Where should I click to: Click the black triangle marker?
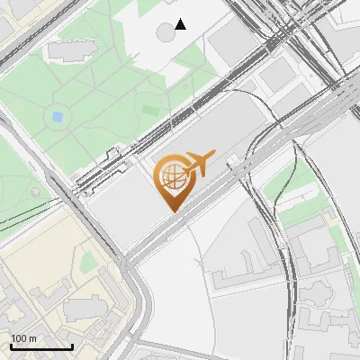(x=181, y=24)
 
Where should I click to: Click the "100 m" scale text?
(x=23, y=338)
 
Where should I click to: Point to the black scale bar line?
(x=41, y=346)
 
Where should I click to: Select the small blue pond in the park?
(x=58, y=116)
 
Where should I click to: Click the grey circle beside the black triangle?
(x=166, y=32)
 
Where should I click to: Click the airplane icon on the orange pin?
(x=195, y=164)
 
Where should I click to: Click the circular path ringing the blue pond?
(x=58, y=125)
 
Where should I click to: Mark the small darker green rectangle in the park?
(x=149, y=109)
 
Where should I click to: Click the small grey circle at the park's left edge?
(x=35, y=192)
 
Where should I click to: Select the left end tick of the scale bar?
(x=11, y=346)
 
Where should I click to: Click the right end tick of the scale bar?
(x=72, y=346)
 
